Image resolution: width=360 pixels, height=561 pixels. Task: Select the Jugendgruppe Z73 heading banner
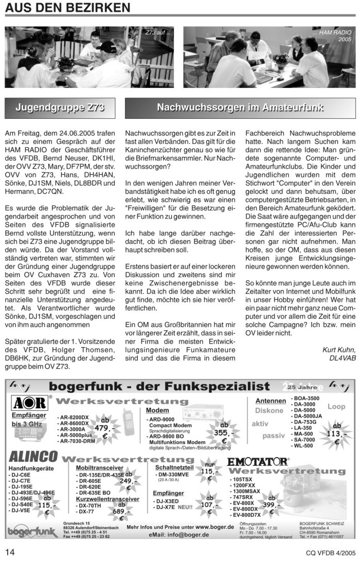(60, 108)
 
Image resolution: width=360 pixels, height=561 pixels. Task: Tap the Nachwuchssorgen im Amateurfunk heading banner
(240, 108)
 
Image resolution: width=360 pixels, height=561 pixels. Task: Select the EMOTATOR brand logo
(258, 460)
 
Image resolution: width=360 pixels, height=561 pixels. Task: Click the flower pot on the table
(281, 61)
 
